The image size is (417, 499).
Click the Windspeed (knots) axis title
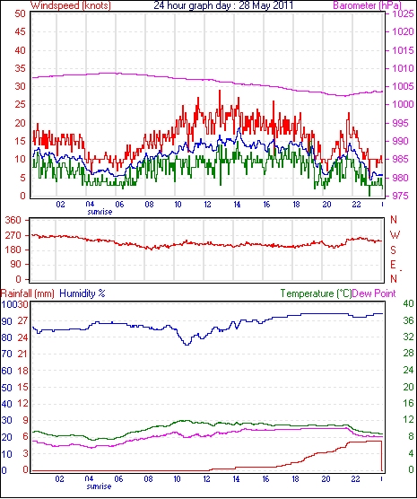click(x=71, y=5)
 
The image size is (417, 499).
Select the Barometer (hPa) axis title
click(x=367, y=5)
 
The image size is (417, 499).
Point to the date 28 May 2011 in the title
click(x=265, y=5)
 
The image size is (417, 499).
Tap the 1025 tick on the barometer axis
click(x=403, y=14)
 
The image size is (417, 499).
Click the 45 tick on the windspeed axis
click(x=20, y=31)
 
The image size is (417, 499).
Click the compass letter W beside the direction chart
click(x=395, y=235)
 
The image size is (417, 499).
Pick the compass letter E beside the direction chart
click(x=393, y=265)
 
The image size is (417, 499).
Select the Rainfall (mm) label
click(x=28, y=293)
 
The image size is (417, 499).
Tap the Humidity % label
click(x=83, y=293)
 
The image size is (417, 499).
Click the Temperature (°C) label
click(x=316, y=293)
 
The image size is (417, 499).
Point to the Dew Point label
click(x=374, y=293)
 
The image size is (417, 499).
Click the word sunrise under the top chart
click(x=100, y=212)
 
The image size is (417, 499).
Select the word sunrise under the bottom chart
click(x=99, y=486)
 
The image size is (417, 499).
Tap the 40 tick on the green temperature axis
click(x=408, y=304)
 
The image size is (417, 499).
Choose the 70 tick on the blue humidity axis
click(x=6, y=354)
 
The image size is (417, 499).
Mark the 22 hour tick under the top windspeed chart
click(x=356, y=204)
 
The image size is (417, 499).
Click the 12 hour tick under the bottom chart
click(x=207, y=479)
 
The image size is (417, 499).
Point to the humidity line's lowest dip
click(x=187, y=345)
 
